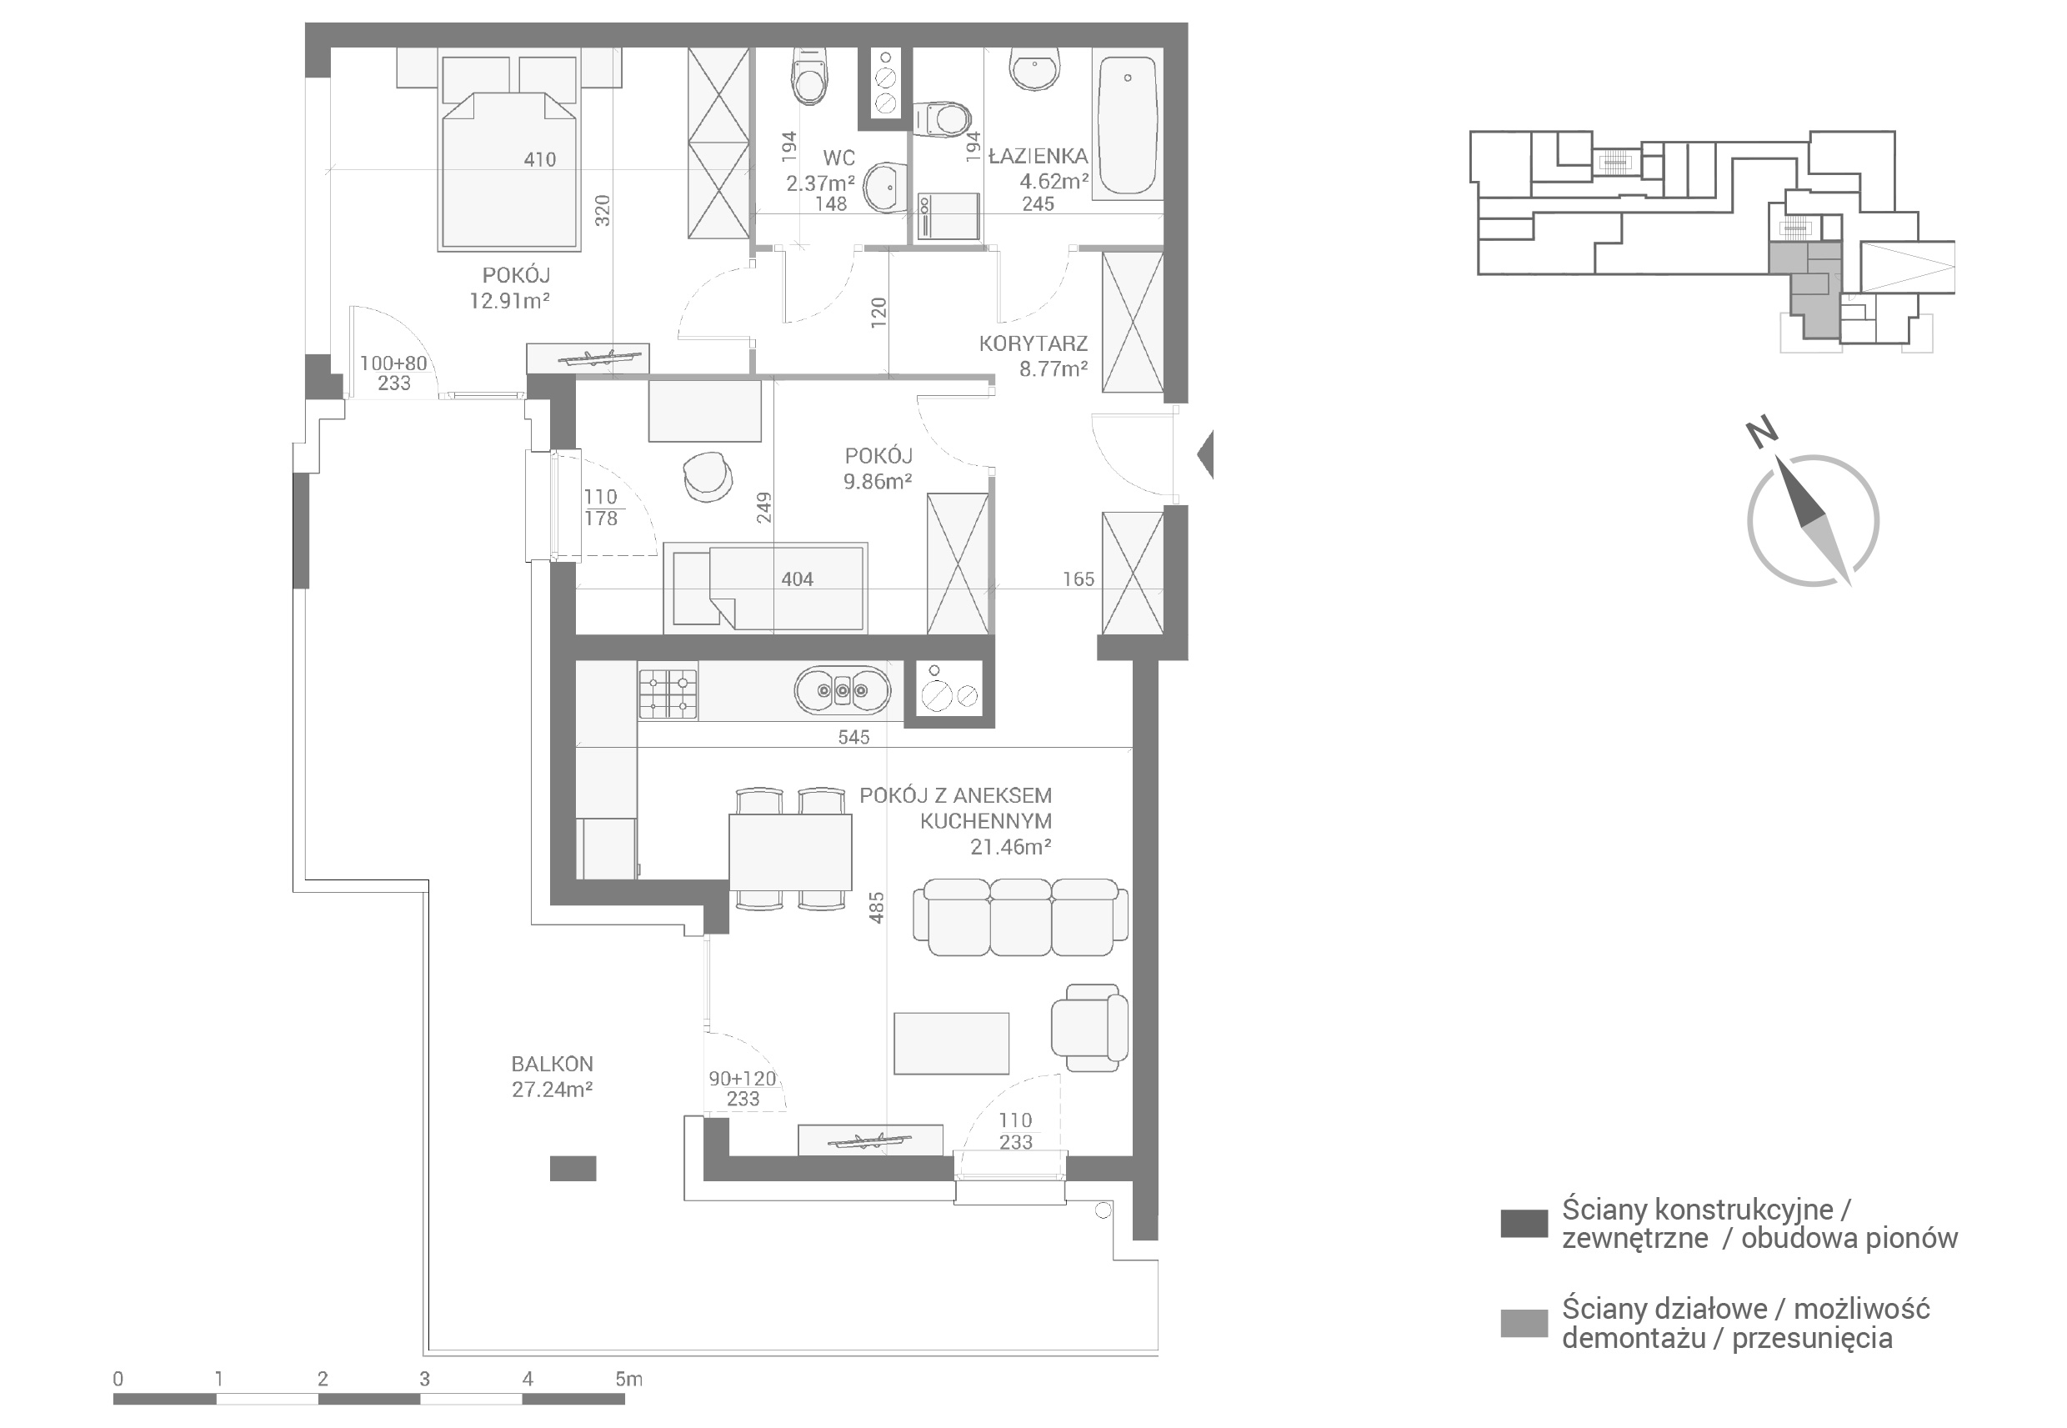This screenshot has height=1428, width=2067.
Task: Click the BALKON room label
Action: [552, 1064]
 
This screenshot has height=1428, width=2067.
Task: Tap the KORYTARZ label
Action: [1033, 343]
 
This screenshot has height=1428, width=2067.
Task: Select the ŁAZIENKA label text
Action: [1039, 157]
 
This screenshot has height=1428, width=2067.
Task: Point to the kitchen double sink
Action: [842, 691]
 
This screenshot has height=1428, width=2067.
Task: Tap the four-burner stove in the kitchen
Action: [668, 693]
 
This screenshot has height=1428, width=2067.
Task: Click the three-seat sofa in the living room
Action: [1020, 917]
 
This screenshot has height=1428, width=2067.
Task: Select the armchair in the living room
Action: [1089, 1027]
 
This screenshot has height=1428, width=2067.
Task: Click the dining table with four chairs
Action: [790, 849]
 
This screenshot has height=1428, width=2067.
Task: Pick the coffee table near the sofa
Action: [951, 1043]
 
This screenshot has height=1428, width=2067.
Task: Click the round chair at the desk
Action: [708, 476]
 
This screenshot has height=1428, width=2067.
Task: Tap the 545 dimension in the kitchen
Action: [853, 737]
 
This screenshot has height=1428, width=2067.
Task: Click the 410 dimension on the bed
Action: [539, 160]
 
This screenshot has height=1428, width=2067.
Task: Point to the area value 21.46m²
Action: [1011, 846]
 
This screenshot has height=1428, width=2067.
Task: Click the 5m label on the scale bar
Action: [628, 1379]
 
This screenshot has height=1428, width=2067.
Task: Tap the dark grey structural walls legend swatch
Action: [1524, 1223]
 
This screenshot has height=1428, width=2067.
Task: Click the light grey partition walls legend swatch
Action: [1524, 1322]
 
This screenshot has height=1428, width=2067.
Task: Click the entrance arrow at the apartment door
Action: [1205, 454]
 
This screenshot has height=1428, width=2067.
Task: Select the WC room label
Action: [838, 158]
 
